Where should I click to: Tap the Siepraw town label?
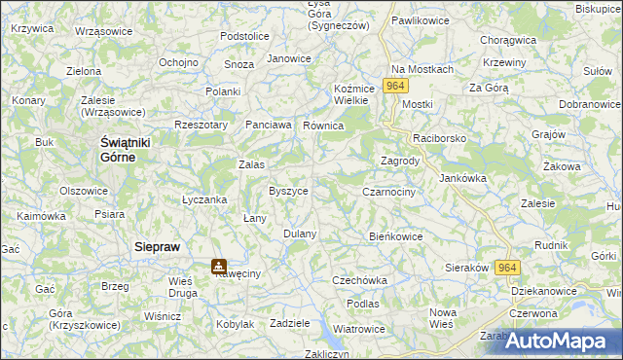(157, 248)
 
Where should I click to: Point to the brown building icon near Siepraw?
(219, 265)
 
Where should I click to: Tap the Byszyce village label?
(288, 191)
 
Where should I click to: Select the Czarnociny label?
(389, 193)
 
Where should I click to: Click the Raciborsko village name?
(440, 139)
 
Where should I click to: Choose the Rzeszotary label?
(201, 125)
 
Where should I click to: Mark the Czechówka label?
(359, 280)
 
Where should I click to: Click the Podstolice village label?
(244, 36)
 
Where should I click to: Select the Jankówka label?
(462, 178)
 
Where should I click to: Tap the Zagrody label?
(399, 162)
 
